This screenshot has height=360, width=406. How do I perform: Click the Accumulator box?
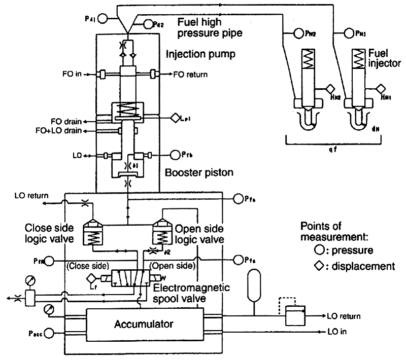tap(144, 323)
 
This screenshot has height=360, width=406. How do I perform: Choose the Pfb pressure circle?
tap(176, 154)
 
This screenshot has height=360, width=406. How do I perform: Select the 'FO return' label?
tap(191, 75)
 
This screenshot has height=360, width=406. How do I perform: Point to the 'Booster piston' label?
tap(199, 172)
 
